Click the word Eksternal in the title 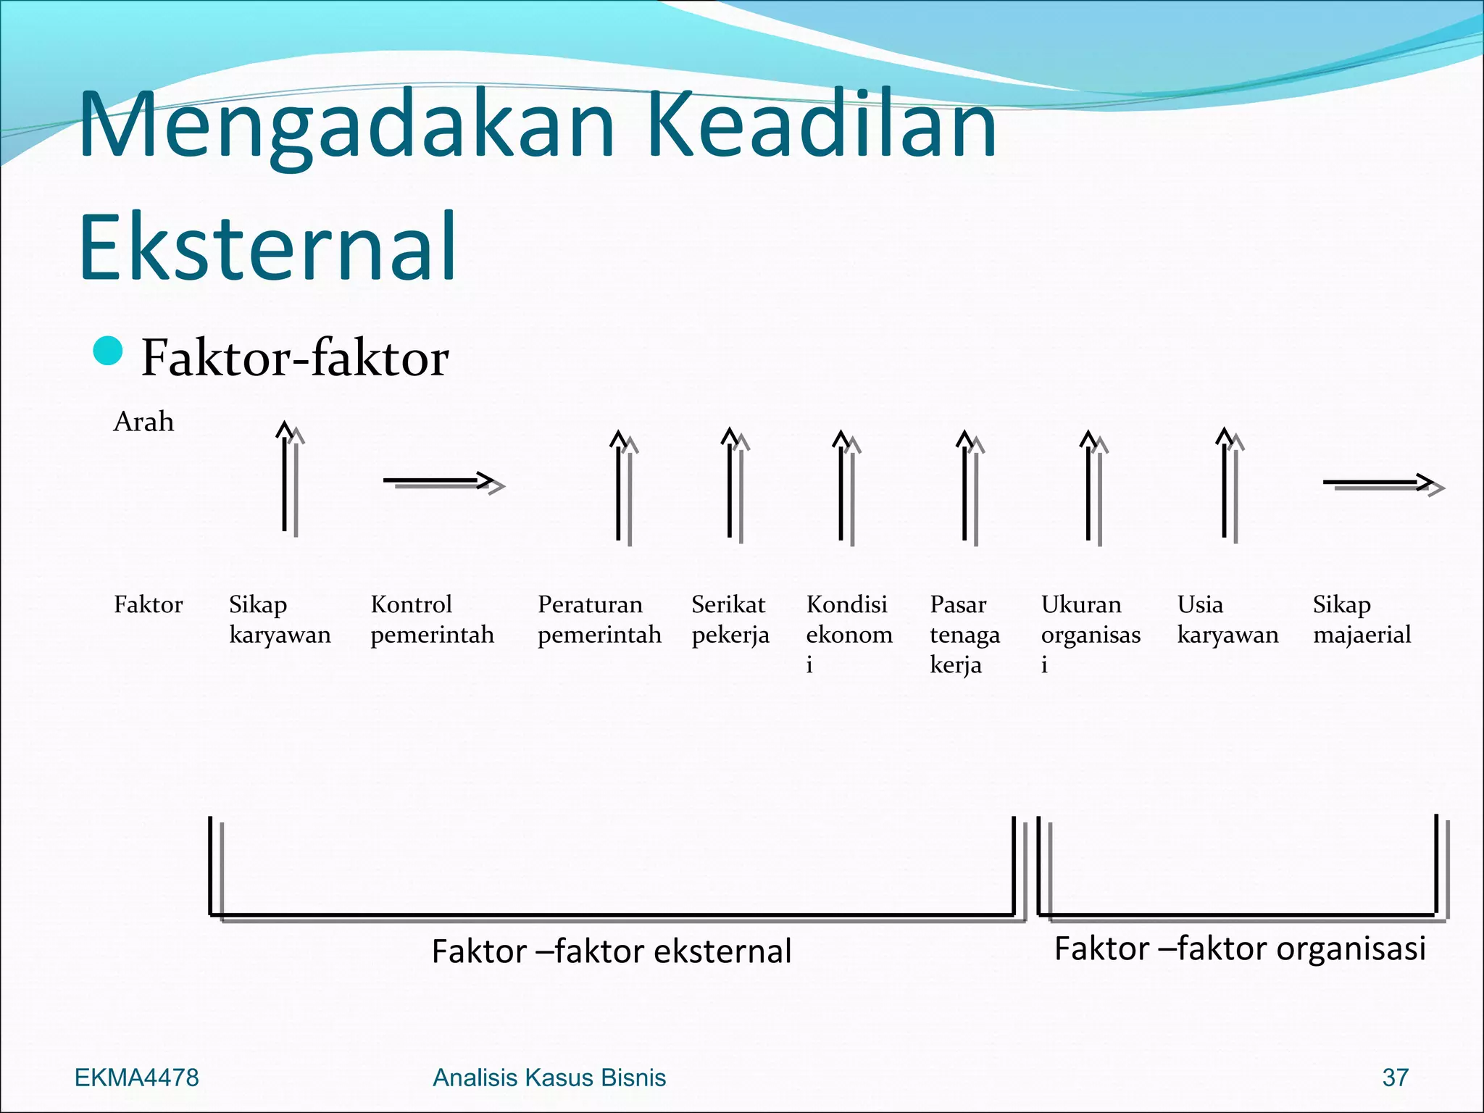tap(268, 246)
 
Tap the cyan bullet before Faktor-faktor tap(109, 351)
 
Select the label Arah tap(143, 422)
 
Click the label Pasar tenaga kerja tap(964, 633)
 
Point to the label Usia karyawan tap(1227, 619)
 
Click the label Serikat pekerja tap(730, 619)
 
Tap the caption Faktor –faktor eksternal tap(611, 951)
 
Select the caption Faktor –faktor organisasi tap(1239, 948)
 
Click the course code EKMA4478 tap(137, 1077)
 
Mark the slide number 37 tap(1395, 1077)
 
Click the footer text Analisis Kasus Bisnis tap(549, 1077)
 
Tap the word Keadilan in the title tap(821, 125)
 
